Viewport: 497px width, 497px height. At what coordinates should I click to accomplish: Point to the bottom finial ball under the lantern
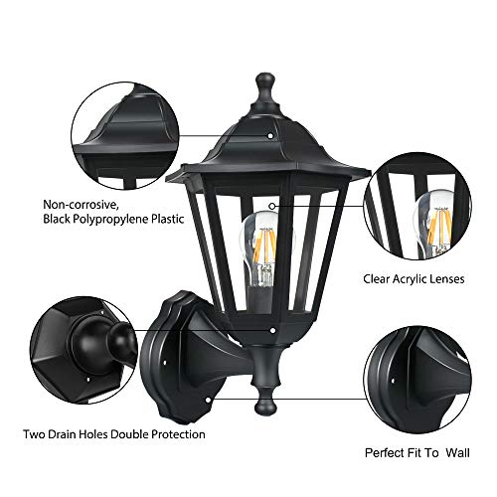pyautogui.click(x=270, y=403)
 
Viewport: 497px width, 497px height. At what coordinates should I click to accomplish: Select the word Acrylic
pyautogui.click(x=410, y=280)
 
